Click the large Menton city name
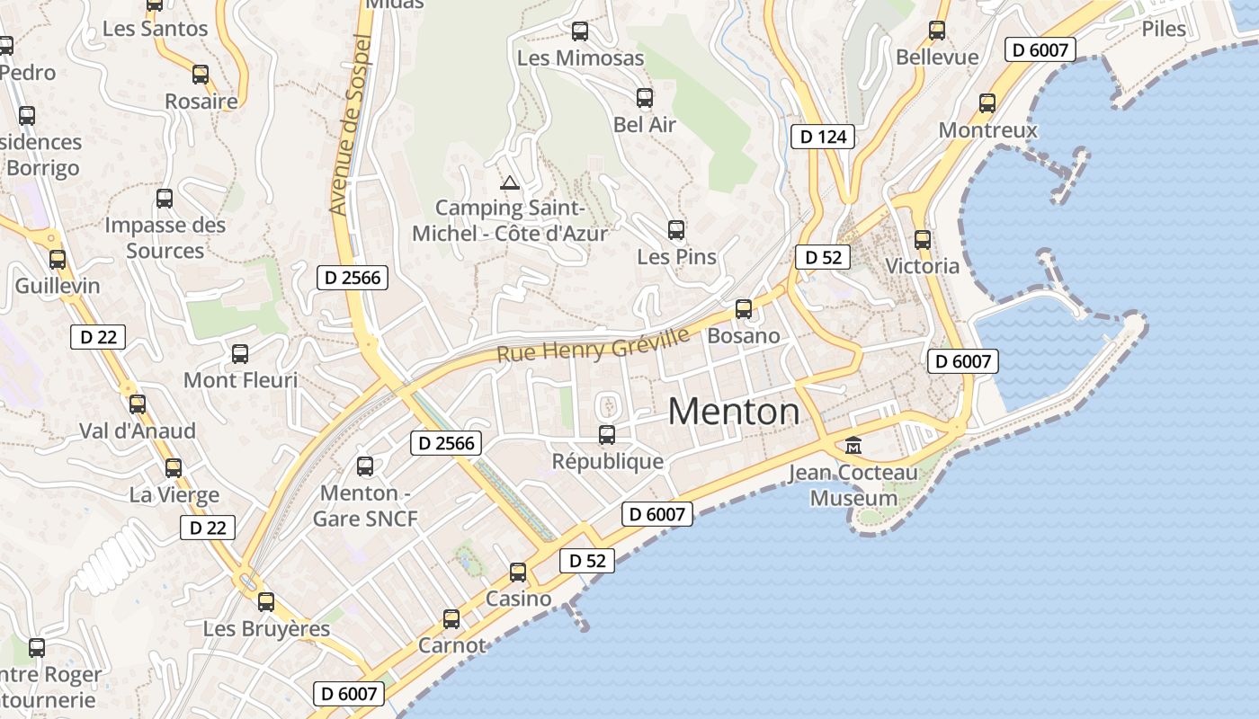point(734,412)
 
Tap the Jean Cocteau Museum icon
point(853,445)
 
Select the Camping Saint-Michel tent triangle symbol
point(510,183)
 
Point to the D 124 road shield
point(822,137)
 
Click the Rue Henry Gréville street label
point(593,346)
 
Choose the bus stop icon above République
point(607,435)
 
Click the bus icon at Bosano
point(744,309)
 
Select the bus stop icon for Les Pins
point(676,230)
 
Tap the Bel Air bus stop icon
point(645,98)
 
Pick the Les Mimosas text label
point(581,58)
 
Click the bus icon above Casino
point(518,573)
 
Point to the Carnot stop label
point(451,645)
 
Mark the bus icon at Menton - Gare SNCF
point(365,466)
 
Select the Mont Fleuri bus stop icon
point(240,354)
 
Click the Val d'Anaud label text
point(138,431)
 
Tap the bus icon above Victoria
point(923,240)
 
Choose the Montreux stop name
point(987,130)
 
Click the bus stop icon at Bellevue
point(937,31)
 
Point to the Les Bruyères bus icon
point(266,602)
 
